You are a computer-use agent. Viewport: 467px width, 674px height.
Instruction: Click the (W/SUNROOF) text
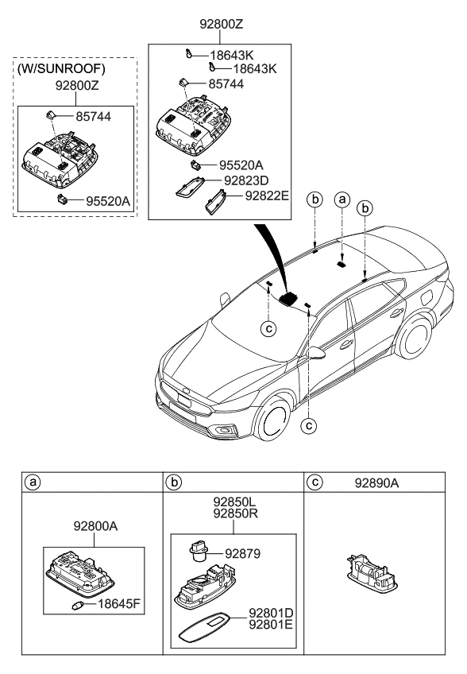point(61,68)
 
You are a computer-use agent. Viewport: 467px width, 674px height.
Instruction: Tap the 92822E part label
point(267,192)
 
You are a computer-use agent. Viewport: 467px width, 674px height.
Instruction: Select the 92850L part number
point(235,503)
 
